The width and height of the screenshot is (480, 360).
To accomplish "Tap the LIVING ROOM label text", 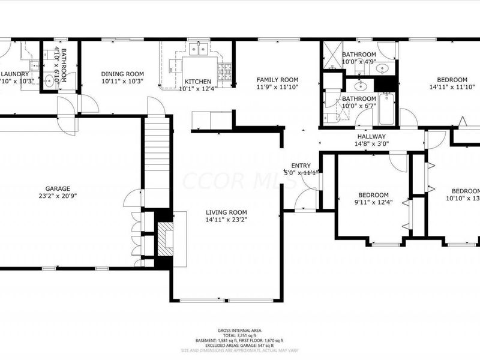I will pos(226,212).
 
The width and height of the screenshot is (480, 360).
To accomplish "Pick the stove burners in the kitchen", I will pos(226,73).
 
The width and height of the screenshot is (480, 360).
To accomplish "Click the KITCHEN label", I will pos(197,82).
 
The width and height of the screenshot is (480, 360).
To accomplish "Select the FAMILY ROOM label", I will pos(277,80).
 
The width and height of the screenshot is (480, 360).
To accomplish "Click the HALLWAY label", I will pos(372,136).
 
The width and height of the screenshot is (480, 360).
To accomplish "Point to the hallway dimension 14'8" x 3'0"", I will pos(372,143).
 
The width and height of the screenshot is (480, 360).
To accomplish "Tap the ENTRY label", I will pos(301,166).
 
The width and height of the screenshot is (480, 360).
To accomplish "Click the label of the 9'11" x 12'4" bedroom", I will pos(373,195).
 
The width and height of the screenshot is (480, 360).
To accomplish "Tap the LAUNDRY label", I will pos(14,74).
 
